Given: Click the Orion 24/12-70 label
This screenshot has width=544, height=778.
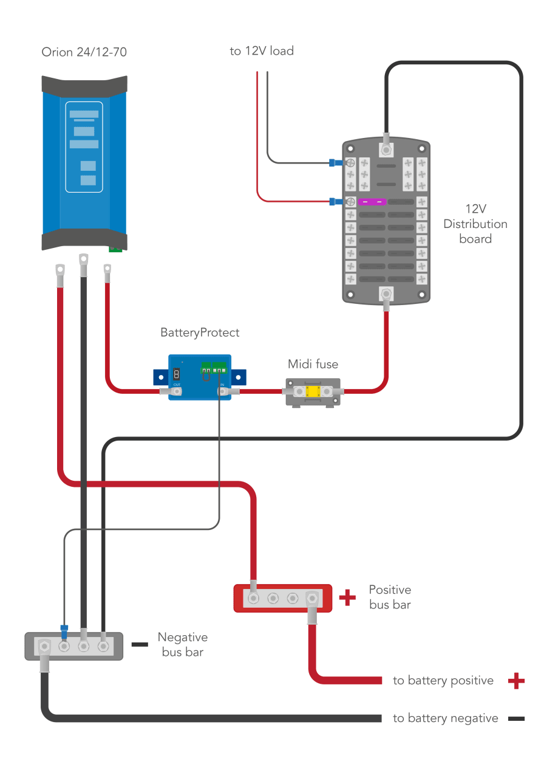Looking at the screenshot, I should [x=84, y=52].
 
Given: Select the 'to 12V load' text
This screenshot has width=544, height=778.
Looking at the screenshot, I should [x=262, y=51].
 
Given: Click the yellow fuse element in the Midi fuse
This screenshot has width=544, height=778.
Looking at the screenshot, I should [x=313, y=392].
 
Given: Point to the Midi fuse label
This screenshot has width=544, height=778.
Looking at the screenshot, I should [x=313, y=365].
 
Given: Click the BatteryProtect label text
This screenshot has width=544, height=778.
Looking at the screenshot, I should [x=200, y=333].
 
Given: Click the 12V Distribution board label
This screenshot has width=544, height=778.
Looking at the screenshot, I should [x=475, y=224].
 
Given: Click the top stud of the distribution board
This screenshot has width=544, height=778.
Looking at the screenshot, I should [x=386, y=149].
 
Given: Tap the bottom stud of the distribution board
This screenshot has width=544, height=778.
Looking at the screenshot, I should [x=386, y=295].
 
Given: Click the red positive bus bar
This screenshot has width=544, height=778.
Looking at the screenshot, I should [x=283, y=598].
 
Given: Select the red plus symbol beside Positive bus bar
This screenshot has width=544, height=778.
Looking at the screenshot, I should [x=347, y=598].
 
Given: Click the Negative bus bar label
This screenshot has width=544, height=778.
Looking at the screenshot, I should [x=182, y=644].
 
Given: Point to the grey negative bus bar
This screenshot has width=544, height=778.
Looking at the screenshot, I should [x=73, y=646].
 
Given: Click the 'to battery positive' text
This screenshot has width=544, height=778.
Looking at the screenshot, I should [x=443, y=681].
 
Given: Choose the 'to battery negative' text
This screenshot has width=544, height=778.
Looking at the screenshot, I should [x=445, y=718].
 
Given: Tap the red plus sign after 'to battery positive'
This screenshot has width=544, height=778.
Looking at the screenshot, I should [x=515, y=681].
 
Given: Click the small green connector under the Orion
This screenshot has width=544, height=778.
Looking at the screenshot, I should [x=115, y=248].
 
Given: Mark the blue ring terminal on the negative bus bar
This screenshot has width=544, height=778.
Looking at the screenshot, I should [x=64, y=630].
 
